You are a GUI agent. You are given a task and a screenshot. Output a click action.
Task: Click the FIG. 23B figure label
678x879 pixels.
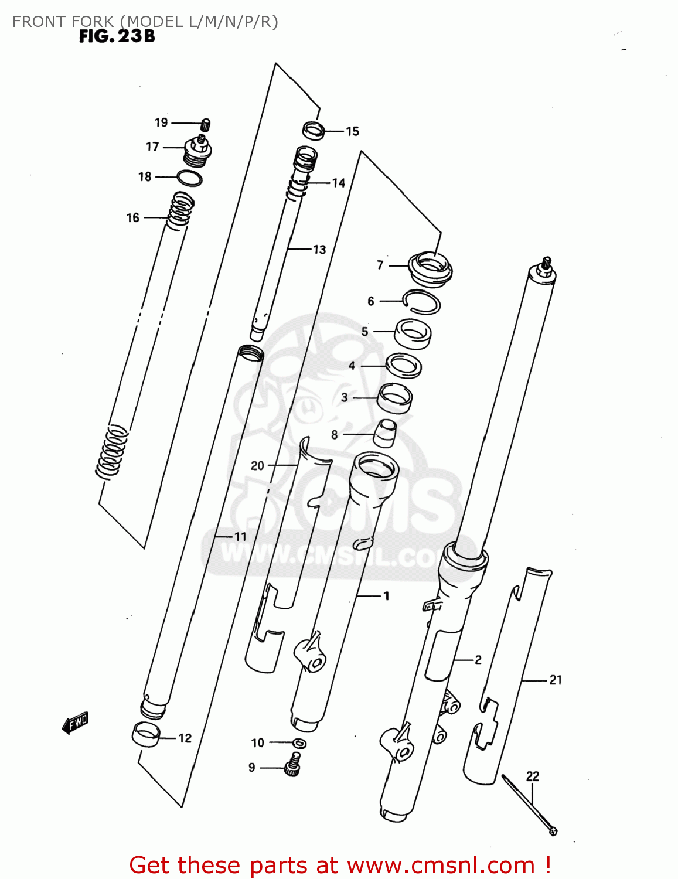117,36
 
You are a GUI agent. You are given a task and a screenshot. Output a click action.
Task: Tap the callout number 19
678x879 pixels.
161,122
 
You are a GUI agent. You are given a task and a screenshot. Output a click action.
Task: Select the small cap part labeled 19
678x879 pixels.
206,124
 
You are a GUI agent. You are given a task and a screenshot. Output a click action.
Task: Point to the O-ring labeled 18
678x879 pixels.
189,178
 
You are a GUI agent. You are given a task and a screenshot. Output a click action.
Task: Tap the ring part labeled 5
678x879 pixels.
413,333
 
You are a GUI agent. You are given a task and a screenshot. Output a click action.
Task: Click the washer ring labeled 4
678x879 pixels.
404,366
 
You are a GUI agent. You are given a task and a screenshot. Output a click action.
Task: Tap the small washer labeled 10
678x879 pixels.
299,743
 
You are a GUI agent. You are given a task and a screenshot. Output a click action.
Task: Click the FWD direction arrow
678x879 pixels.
76,723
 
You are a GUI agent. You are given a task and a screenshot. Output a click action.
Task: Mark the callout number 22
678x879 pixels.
532,776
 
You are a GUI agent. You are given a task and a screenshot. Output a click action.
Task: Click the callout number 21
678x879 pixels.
555,680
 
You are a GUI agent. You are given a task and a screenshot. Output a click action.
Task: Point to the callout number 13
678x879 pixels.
319,250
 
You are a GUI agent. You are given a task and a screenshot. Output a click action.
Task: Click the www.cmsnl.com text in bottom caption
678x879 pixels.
440,865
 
